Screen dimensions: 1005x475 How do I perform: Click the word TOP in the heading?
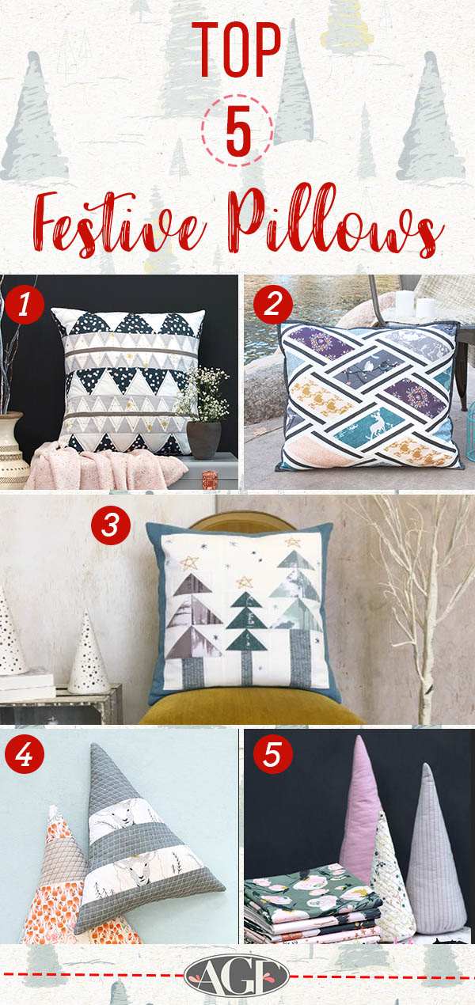[x=237, y=51]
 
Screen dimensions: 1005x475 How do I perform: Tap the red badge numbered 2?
[x=273, y=305]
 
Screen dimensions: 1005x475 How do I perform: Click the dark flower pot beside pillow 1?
[x=203, y=438]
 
